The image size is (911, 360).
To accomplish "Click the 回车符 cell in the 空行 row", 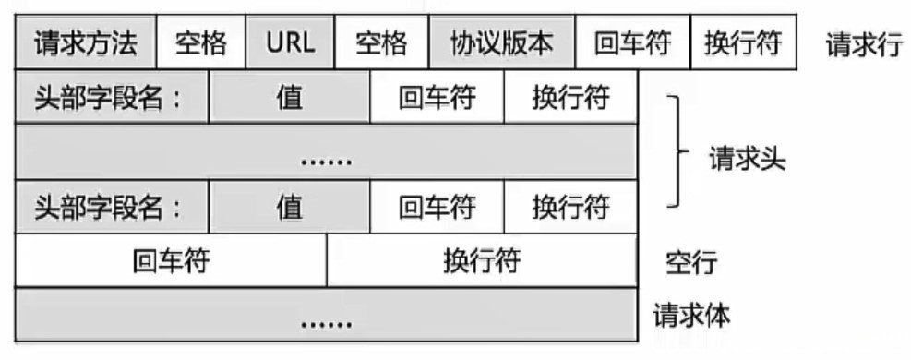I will [x=171, y=261].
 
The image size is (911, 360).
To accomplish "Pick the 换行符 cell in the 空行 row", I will [x=481, y=261].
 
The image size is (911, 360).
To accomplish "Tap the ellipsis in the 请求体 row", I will [x=326, y=323].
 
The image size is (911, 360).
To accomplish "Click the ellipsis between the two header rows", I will [x=326, y=160].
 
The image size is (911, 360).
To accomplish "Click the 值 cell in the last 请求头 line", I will [x=289, y=207].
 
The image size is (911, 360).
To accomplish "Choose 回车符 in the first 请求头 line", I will [x=437, y=99].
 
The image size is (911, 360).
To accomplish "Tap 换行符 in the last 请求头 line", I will [x=570, y=207].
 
